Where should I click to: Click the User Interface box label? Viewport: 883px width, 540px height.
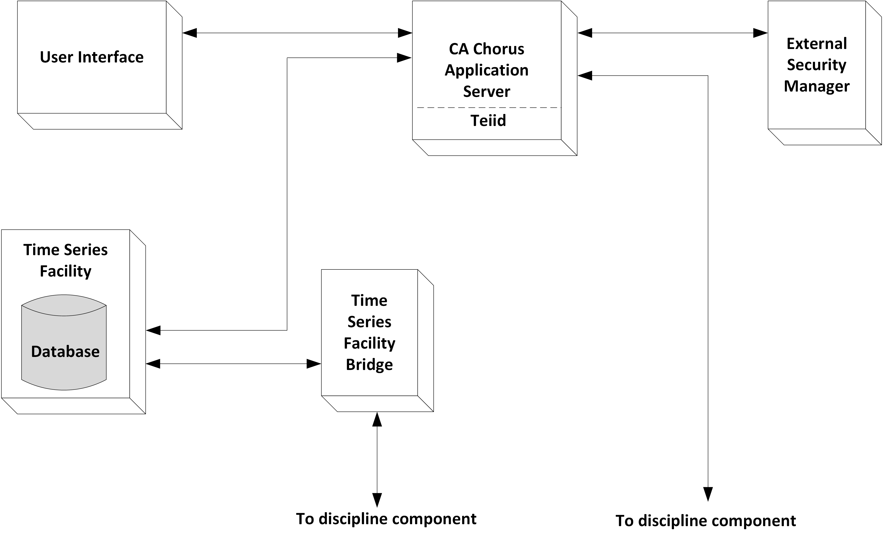91,57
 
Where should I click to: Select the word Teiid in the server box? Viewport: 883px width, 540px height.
488,120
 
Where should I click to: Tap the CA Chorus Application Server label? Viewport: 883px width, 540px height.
486,70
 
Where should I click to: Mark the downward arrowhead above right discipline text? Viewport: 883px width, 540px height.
708,494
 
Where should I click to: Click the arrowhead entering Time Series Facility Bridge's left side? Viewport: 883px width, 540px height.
314,364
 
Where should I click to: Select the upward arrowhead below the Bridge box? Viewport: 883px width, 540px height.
377,420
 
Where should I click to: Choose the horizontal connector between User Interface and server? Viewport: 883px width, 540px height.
298,33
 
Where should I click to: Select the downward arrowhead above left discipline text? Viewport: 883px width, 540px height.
377,500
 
